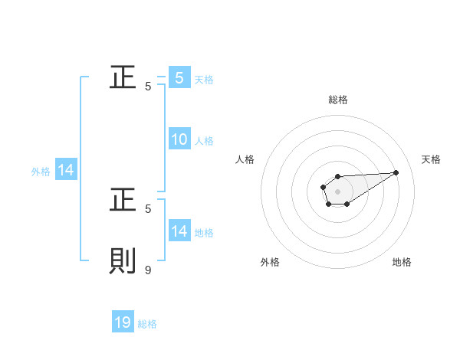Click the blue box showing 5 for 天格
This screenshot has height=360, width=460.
(179, 77)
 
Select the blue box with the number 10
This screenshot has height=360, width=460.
(179, 139)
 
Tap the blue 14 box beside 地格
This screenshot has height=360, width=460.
(179, 231)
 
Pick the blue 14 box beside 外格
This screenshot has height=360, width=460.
(66, 171)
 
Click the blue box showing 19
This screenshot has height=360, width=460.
(123, 323)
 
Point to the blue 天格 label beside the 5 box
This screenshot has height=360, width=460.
(204, 79)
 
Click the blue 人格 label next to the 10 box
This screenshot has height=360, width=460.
(204, 141)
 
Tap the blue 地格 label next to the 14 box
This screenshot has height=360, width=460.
(204, 233)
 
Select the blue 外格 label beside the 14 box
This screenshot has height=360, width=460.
(41, 172)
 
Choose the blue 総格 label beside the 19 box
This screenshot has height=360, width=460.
(147, 325)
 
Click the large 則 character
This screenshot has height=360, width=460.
(123, 261)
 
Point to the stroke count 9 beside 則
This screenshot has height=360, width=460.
(148, 270)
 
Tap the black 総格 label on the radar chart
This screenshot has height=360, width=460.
(338, 100)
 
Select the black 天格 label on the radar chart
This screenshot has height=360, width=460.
(431, 159)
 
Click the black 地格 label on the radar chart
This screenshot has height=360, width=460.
(402, 262)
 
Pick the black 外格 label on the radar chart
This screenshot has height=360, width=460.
(270, 262)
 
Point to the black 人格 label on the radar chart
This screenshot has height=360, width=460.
(245, 159)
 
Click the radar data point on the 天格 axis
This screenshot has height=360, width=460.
(396, 172)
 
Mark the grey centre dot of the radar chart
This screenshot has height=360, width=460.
(338, 190)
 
